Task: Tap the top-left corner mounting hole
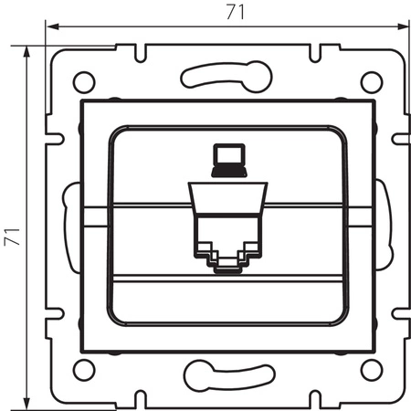[83, 80]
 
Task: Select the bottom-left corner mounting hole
[83, 370]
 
